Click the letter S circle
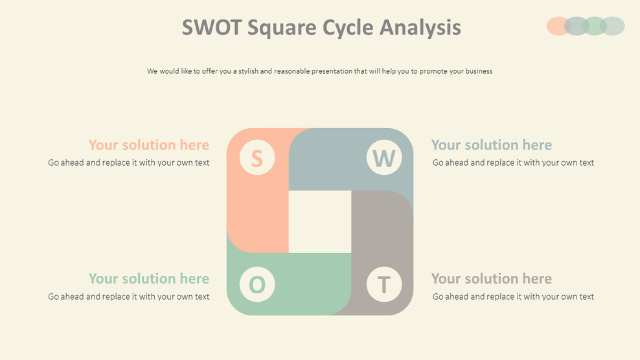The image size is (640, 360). (257, 158)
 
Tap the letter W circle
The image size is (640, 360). (384, 158)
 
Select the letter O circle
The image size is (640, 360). (257, 284)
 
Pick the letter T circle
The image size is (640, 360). (384, 284)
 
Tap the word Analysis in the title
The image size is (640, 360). (420, 27)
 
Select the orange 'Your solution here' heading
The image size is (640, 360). (149, 145)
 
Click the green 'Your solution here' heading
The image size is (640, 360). (149, 278)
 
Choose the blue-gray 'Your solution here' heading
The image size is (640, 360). (492, 145)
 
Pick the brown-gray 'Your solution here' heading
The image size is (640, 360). (492, 278)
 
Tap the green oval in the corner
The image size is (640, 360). (594, 26)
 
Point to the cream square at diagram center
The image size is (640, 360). (320, 221)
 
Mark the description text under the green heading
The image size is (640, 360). (129, 297)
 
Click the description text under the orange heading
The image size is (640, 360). (129, 163)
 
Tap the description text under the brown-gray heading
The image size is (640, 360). (513, 297)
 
